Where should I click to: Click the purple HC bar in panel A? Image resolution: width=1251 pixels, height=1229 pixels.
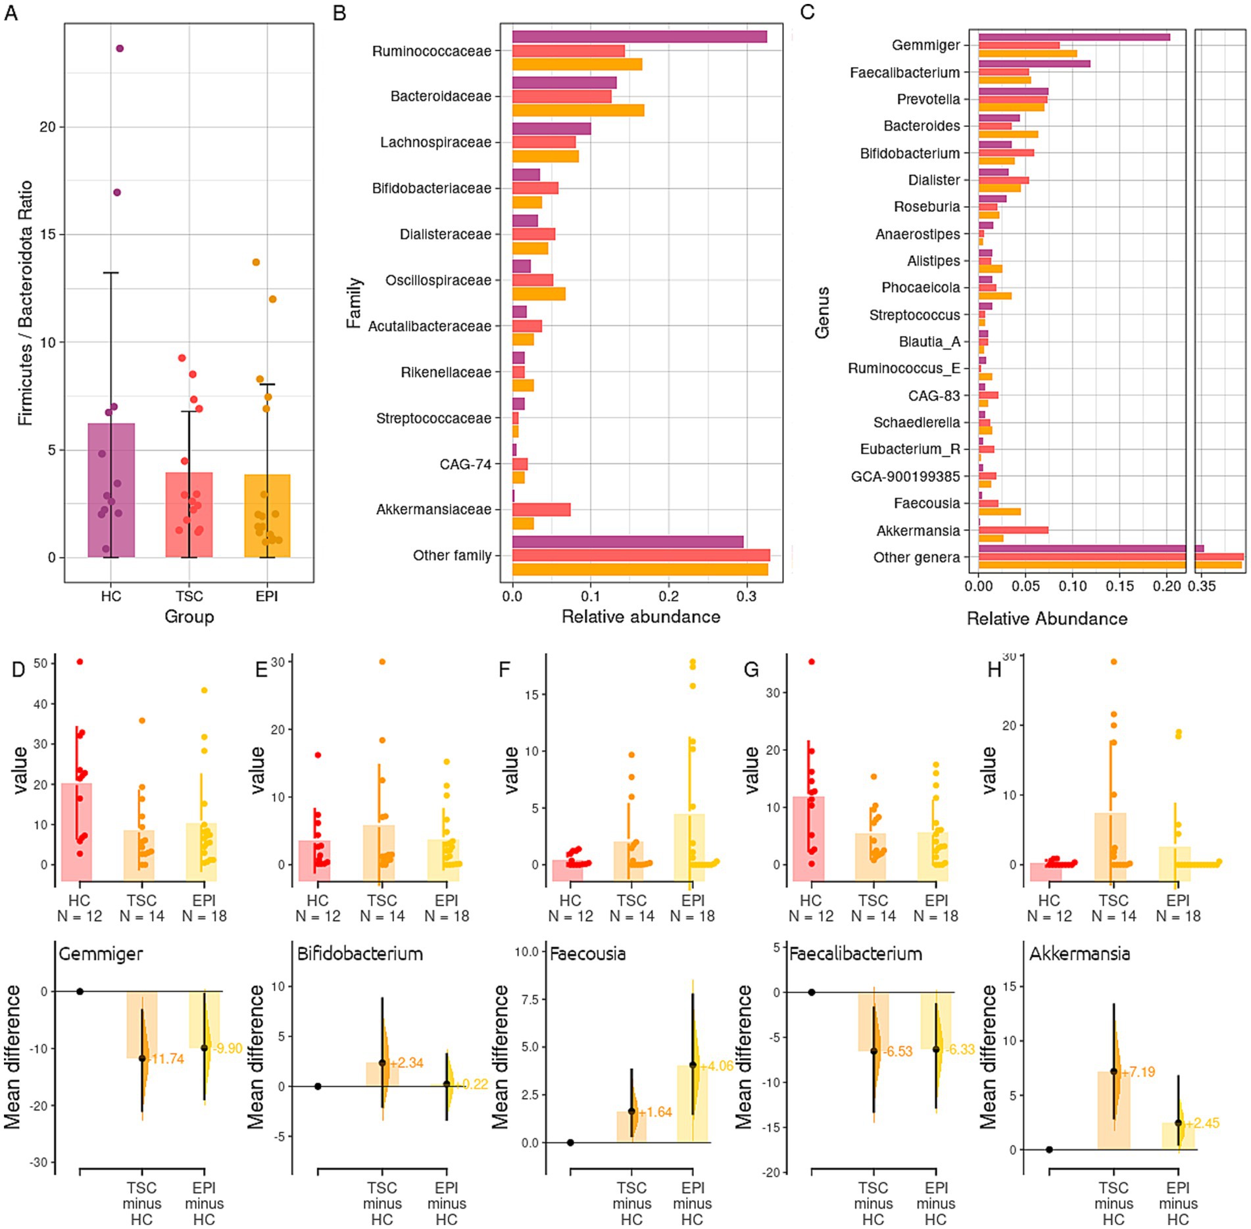(111, 490)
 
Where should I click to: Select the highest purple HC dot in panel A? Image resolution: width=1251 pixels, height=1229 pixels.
(120, 49)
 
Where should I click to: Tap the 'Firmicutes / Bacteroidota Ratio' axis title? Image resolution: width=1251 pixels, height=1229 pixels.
(25, 303)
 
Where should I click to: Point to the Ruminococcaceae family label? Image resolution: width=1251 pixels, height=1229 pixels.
(431, 51)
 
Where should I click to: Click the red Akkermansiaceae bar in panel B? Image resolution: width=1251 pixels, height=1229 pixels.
(541, 510)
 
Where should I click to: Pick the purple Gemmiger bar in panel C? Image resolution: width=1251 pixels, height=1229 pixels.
(1073, 37)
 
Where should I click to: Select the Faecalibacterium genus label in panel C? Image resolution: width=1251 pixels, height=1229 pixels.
(904, 72)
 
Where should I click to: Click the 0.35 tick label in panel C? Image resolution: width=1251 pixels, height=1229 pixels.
(1202, 586)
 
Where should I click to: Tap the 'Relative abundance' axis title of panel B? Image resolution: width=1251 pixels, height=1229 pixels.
(641, 617)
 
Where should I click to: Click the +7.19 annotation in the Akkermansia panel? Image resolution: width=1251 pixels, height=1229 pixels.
(1139, 1072)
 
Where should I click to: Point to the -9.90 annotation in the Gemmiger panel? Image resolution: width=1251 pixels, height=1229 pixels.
(228, 1048)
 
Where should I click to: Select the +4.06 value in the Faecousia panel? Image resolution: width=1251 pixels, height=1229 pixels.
(716, 1066)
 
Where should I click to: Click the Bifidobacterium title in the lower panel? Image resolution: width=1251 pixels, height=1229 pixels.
(360, 954)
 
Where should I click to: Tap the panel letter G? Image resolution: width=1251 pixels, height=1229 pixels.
(750, 669)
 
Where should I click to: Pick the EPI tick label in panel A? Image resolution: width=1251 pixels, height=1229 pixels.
(266, 596)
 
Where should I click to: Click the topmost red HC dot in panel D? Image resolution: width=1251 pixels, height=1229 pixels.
(80, 662)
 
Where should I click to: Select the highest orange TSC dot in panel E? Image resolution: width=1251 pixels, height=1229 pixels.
(382, 662)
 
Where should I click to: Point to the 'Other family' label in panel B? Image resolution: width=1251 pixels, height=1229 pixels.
(452, 556)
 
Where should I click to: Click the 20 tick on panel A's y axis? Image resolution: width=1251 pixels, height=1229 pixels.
(47, 127)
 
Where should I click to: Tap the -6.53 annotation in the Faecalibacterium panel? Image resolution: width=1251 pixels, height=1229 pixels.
(898, 1051)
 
